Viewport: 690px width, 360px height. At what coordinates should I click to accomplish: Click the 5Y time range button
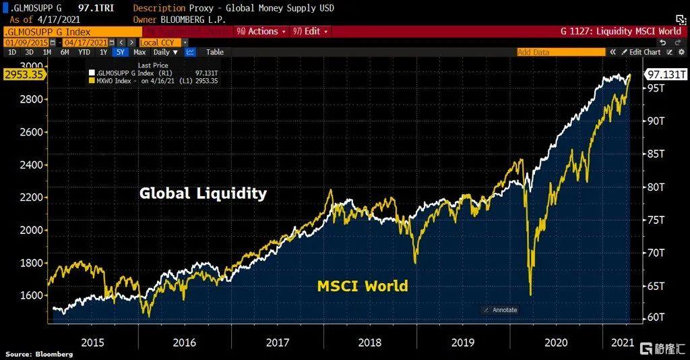coord(119,52)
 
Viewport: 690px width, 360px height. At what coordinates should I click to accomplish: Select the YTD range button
coord(84,52)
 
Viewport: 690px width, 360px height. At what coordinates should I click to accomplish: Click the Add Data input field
coord(559,52)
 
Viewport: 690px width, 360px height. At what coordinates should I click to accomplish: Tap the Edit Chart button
coord(640,52)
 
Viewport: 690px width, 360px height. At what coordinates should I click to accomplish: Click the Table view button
coord(215,52)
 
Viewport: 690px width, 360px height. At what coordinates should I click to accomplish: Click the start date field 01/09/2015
coord(28,42)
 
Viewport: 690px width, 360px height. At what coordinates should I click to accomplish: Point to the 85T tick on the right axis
coord(656,154)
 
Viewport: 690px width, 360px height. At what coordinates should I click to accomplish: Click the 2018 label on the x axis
coord(370,342)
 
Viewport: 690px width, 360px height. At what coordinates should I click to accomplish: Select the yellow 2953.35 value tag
coord(23,74)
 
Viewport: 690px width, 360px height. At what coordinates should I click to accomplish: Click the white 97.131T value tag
coord(666,74)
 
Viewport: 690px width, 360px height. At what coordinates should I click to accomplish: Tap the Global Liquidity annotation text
coord(203,193)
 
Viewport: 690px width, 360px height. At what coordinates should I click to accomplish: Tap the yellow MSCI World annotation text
coord(363,286)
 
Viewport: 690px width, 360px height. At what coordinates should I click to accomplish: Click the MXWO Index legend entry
coord(155,81)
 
